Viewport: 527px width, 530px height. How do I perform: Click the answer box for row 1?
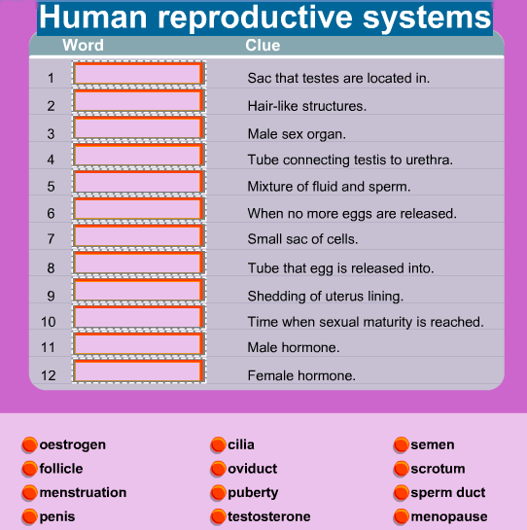point(139,73)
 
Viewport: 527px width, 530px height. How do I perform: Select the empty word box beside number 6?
point(139,209)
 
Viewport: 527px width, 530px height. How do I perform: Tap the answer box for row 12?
point(139,371)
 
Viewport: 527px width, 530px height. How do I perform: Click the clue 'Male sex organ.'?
point(297,134)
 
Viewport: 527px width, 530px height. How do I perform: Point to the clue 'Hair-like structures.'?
point(307,106)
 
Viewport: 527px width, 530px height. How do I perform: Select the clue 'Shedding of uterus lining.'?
point(325,296)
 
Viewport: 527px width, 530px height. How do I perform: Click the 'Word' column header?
point(83,45)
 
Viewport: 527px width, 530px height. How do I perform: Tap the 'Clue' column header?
point(263,45)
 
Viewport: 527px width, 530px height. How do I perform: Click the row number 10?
point(48,322)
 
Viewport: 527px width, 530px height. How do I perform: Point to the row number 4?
point(51,159)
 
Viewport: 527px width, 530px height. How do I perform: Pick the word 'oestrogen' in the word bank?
point(72,444)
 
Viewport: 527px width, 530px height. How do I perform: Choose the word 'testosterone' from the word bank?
point(268,516)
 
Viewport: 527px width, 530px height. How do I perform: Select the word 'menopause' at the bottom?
point(449,516)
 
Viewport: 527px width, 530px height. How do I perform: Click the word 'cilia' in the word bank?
point(241,444)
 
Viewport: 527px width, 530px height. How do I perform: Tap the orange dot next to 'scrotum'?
point(402,469)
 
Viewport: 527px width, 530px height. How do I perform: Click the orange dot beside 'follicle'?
point(29,469)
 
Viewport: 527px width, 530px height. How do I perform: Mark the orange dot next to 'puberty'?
point(218,493)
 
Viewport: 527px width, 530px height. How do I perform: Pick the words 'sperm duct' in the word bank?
point(448,493)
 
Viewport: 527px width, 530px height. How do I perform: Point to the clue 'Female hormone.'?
point(301,375)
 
